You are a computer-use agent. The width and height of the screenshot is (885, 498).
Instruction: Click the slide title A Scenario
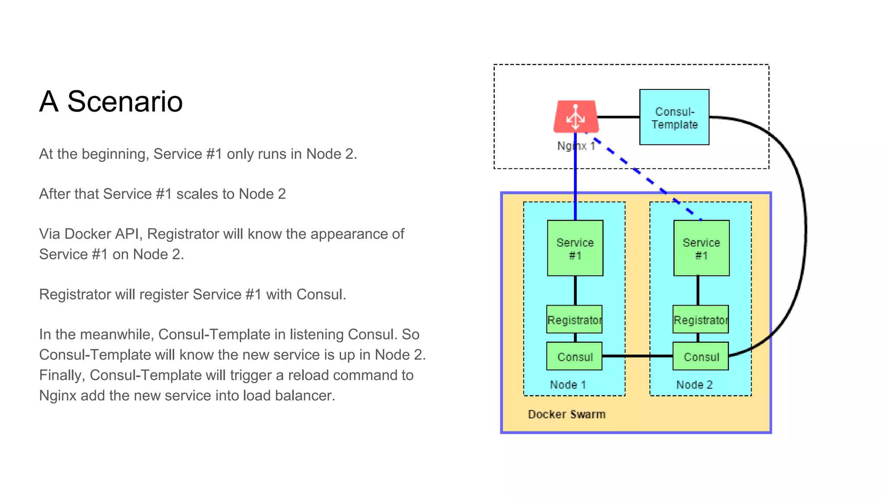coord(111,102)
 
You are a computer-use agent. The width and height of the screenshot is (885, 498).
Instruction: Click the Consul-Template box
coord(674,117)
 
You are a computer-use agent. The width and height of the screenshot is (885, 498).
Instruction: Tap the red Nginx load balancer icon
coord(576,117)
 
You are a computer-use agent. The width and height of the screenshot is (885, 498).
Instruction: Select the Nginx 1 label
coord(576,146)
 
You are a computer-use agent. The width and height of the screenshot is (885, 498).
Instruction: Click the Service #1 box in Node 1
coord(575,248)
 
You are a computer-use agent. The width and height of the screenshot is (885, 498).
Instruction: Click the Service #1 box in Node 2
coord(701,248)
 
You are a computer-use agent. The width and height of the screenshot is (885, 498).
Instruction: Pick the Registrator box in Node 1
coord(574,319)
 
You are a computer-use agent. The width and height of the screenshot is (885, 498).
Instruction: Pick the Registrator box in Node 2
coord(700,319)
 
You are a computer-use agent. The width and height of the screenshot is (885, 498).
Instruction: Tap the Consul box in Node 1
coord(574,356)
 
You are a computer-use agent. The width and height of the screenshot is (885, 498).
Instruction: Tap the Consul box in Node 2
coord(700,356)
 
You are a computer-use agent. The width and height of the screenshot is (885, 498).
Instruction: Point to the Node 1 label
coord(568,384)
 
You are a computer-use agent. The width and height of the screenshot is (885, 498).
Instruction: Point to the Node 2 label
coord(694,384)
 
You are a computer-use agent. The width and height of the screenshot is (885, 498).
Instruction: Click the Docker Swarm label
coord(567,414)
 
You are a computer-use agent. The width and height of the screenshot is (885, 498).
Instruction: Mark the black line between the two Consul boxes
coord(637,356)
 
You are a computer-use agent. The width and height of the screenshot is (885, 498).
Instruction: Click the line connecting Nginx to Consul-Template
coord(619,117)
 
